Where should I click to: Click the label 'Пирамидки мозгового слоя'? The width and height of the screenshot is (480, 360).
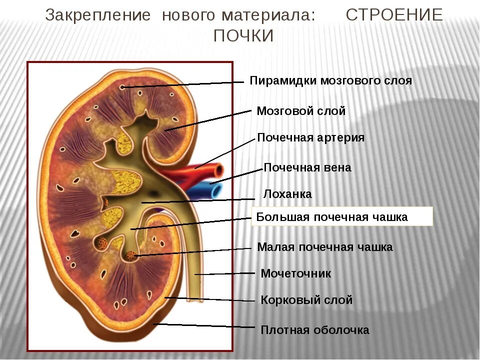coord(330,81)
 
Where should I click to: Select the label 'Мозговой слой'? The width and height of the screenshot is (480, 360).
coord(300,111)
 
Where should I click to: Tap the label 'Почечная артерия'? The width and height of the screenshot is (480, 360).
coord(310,137)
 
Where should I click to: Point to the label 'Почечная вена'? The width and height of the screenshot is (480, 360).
coord(307,167)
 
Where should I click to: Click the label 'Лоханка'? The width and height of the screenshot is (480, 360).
coord(287,194)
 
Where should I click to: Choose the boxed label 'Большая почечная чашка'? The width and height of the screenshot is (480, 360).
coord(332,217)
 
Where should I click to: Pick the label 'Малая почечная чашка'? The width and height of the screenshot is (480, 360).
coord(324,247)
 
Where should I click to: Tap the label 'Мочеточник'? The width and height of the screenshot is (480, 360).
coord(295,273)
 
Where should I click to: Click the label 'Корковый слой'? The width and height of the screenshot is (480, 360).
coord(306,300)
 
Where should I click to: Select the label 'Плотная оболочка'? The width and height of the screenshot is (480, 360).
coord(314,330)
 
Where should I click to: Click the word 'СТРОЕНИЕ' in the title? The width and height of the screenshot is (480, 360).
coord(394,15)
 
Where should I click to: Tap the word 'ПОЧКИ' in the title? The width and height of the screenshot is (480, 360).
coord(243,36)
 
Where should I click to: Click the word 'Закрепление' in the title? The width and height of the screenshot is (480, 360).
coord(98,15)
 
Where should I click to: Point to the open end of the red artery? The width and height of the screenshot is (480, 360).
coord(218,171)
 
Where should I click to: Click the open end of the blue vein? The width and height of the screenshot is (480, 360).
coord(215,190)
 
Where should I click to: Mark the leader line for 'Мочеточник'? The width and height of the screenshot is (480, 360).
coord(225,274)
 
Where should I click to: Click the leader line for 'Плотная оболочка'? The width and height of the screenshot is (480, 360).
coord(205,325)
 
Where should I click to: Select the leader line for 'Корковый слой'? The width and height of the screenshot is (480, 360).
coord(210,299)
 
